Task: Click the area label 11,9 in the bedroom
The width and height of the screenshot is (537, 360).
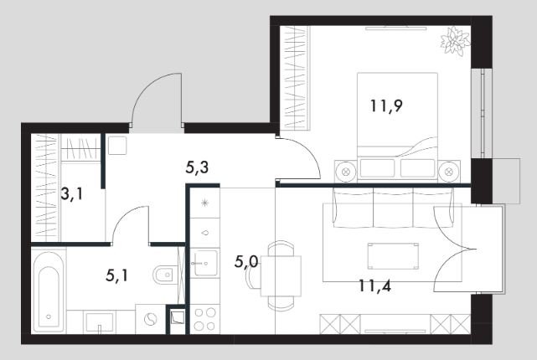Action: click(x=386, y=105)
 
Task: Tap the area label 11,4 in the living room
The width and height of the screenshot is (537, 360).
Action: click(x=374, y=285)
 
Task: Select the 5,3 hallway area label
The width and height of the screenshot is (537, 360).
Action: click(x=197, y=167)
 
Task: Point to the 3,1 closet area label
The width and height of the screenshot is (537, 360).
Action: click(x=71, y=194)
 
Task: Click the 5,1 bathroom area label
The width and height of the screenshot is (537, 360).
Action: click(x=117, y=275)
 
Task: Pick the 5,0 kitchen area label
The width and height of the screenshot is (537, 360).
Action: click(x=246, y=263)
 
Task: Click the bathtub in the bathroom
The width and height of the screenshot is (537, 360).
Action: click(x=49, y=291)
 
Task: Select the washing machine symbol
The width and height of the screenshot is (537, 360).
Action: click(x=150, y=319)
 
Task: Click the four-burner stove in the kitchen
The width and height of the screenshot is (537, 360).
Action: click(x=204, y=319)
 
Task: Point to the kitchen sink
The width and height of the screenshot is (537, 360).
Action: click(x=205, y=263)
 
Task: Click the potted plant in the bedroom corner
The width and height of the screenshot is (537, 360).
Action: click(x=455, y=41)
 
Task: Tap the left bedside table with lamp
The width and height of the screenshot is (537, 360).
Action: click(x=346, y=171)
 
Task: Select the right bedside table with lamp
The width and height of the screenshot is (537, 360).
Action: click(x=449, y=171)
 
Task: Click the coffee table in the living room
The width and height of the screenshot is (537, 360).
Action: click(x=393, y=256)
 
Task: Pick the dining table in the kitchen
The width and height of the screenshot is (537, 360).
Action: click(x=281, y=275)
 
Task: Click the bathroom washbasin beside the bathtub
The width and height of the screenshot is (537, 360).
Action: click(x=100, y=322)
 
